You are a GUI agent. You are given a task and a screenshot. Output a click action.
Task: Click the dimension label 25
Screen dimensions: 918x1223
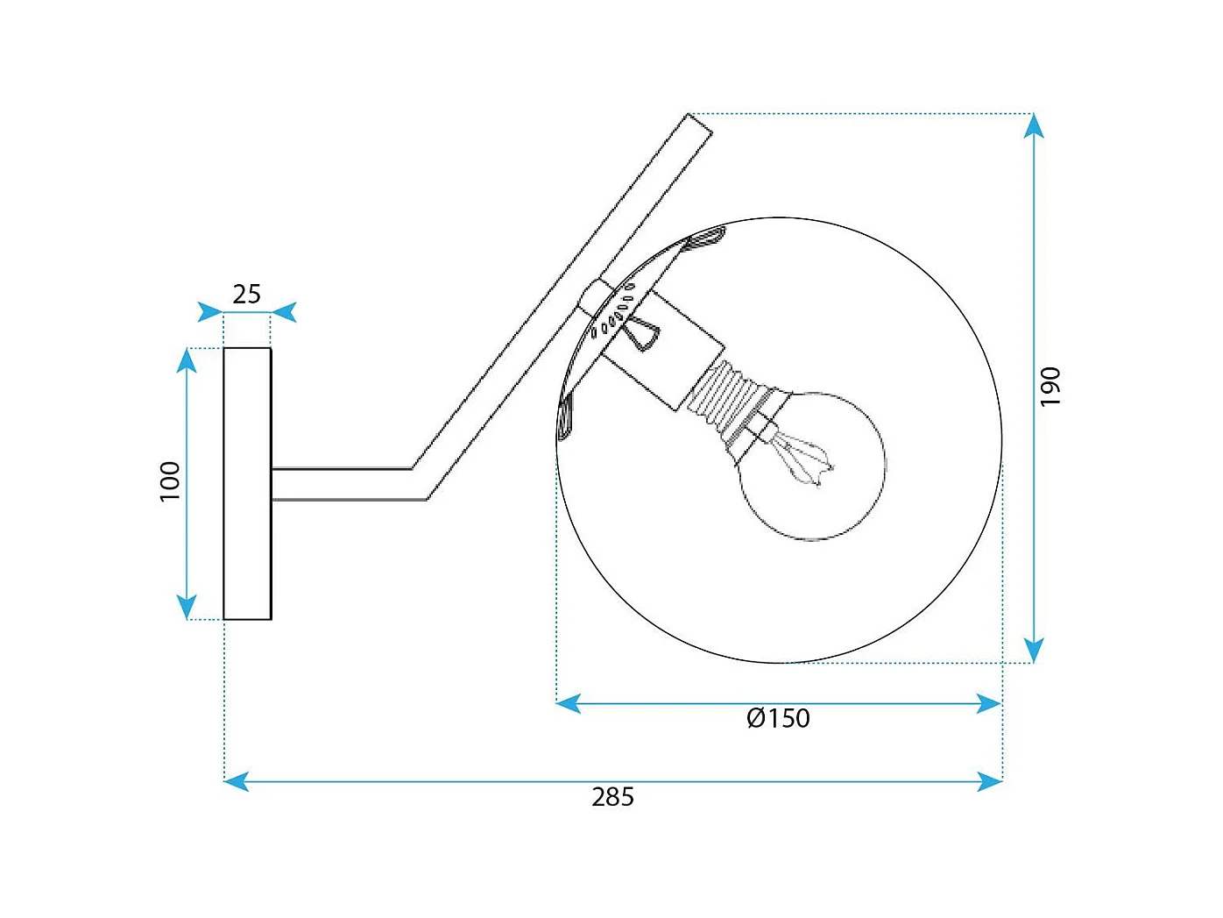pos(246,295)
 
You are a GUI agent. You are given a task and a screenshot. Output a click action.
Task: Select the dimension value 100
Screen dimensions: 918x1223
pos(170,481)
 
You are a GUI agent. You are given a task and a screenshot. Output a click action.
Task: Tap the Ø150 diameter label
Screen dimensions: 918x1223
pos(778,719)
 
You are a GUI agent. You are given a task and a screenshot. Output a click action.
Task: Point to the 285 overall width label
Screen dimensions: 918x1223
pos(612,797)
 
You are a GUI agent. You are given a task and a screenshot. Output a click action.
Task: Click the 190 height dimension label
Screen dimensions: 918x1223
pos(1050,387)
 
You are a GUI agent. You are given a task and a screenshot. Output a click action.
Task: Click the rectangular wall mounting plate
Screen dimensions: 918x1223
pos(247,484)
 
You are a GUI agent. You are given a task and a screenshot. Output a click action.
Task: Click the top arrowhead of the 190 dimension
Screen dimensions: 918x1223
pos(1034,126)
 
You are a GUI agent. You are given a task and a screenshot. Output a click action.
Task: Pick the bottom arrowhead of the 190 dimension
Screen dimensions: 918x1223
pos(1034,650)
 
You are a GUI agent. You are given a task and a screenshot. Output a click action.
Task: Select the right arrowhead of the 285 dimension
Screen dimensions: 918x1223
pos(990,780)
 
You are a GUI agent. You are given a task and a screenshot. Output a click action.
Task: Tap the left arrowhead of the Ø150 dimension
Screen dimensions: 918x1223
pos(569,703)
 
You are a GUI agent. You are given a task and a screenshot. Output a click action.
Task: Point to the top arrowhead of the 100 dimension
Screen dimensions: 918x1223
pos(187,360)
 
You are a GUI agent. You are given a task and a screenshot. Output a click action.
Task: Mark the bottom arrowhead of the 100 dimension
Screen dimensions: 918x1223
pos(187,607)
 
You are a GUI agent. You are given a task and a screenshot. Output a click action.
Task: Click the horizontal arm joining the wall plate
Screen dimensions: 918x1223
pos(342,484)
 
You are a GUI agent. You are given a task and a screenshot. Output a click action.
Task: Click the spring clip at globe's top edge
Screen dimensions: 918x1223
pos(706,236)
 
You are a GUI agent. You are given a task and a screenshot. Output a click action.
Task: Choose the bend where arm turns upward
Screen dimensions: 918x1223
pos(420,483)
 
